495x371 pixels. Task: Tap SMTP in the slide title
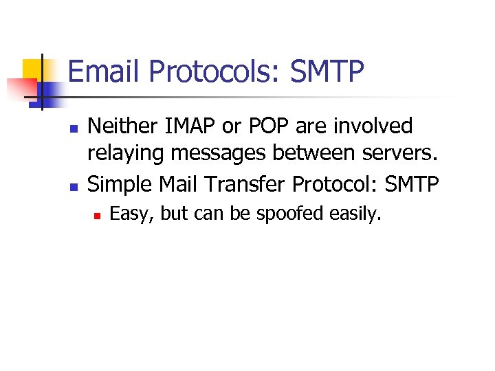[327, 71]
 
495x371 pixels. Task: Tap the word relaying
[126, 155]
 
